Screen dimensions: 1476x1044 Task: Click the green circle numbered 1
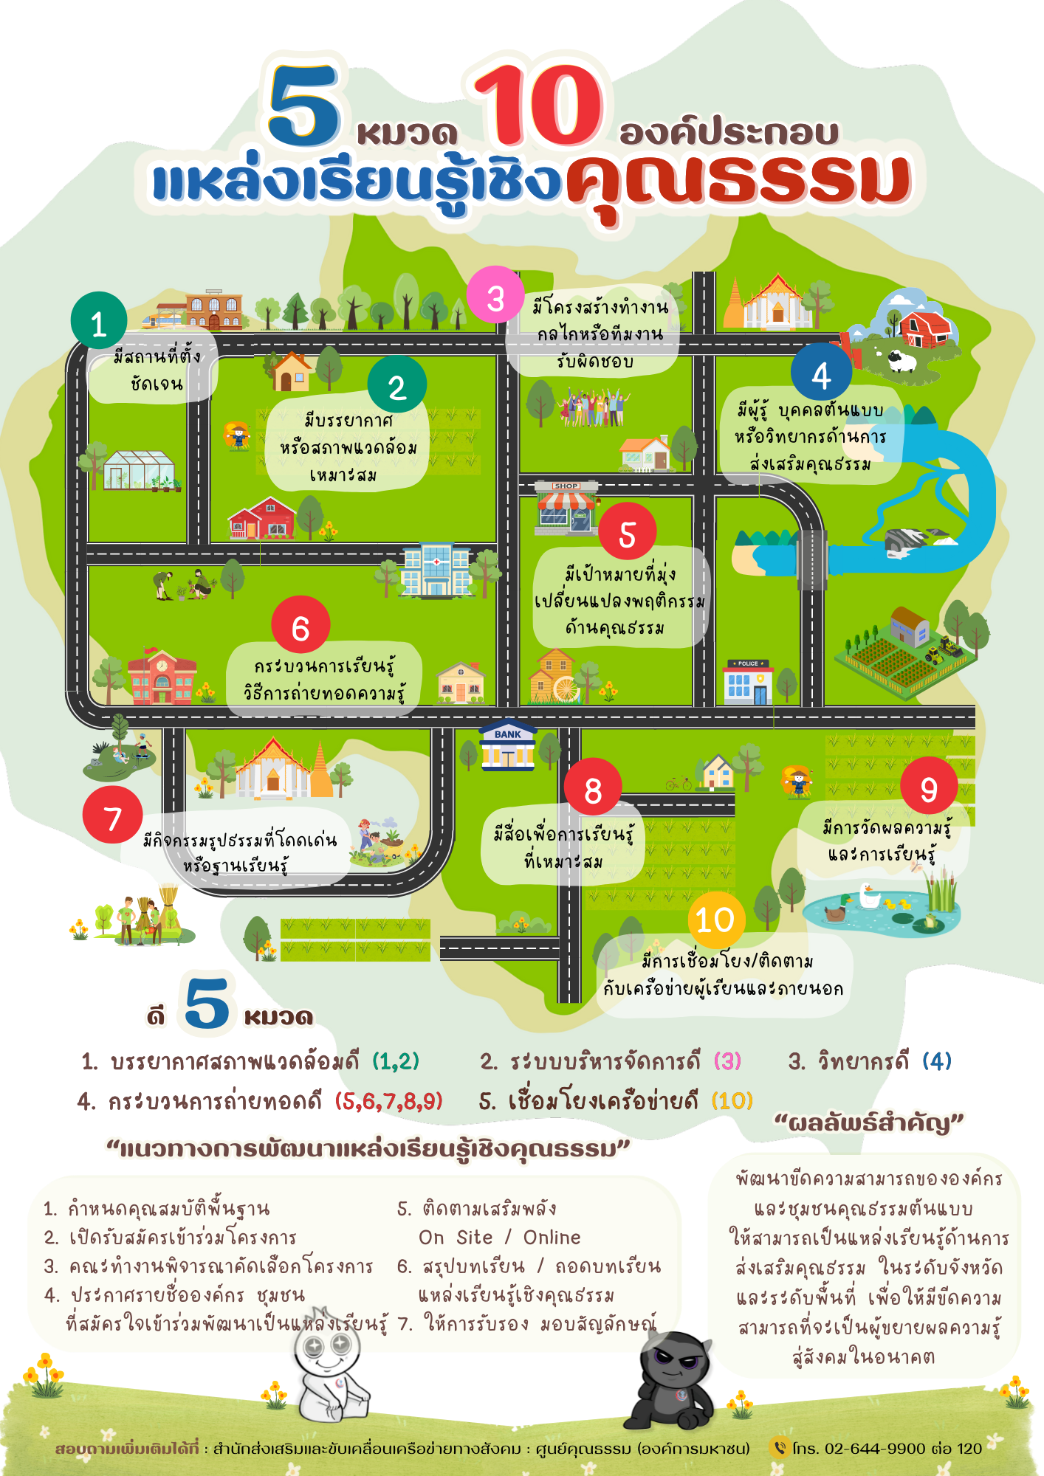[x=99, y=323]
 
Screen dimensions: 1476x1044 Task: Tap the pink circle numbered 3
[x=495, y=296]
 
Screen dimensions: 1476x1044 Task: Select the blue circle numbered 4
[x=821, y=374]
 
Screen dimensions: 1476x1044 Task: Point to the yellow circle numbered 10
[x=715, y=920]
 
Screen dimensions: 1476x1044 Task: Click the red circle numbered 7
[x=112, y=815]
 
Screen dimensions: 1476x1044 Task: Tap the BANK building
[x=508, y=745]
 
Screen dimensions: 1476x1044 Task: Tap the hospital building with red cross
[x=436, y=569]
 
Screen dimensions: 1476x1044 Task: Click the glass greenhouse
[x=138, y=469]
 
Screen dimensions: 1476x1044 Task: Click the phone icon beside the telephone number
[x=779, y=1448]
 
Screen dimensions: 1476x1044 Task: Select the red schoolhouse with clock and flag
[x=161, y=677]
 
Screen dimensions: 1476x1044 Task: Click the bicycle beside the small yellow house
[x=679, y=784]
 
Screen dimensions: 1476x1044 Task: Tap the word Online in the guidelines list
[x=552, y=1238]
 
